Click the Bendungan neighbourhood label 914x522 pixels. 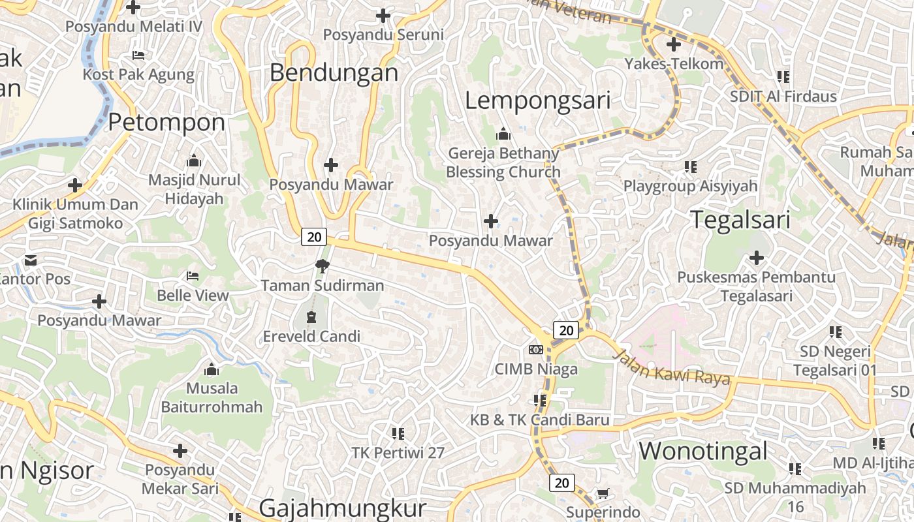click(334, 72)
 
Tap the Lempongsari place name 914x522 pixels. click(537, 100)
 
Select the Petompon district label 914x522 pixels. click(166, 122)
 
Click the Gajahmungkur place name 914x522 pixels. click(342, 508)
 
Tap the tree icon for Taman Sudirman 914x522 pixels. click(322, 266)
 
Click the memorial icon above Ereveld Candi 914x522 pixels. click(311, 317)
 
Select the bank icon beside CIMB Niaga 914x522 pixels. click(536, 350)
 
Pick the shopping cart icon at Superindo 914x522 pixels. click(603, 494)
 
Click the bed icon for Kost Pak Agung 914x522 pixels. click(138, 55)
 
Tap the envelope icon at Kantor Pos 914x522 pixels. click(31, 260)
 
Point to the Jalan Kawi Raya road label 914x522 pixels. click(672, 367)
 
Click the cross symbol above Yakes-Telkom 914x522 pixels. click(674, 44)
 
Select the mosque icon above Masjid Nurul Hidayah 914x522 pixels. click(194, 161)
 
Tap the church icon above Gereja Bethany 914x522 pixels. click(503, 134)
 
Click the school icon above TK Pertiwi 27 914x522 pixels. click(398, 433)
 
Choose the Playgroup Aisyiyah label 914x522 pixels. click(690, 186)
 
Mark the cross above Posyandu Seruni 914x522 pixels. click(383, 15)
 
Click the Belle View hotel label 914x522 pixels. click(193, 296)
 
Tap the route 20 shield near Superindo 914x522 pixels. click(561, 483)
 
